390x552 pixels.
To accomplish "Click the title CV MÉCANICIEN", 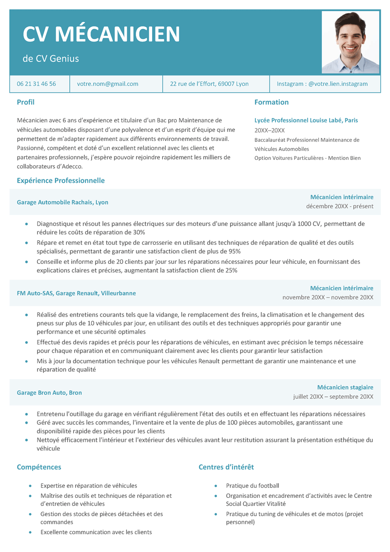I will pos(101,35).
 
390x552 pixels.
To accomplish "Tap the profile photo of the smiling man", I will pos(351,42).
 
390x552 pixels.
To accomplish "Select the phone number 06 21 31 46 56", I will pos(37,84).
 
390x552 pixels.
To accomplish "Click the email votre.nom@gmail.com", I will pos(108,84).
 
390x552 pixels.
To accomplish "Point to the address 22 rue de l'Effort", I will pos(209,84).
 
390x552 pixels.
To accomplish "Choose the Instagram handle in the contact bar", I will pos(322,84).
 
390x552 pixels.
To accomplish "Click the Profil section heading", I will pos(25,102).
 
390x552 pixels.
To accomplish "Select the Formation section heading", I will pos(272,102).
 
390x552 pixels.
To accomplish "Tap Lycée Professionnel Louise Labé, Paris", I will pos(306,120).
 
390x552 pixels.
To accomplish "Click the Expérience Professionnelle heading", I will pos(61,180).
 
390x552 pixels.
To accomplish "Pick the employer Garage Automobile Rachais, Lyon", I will pos(62,202).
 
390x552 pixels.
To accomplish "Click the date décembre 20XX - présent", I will pos(340,206).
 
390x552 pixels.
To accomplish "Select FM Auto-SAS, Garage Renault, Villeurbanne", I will pos(77,293).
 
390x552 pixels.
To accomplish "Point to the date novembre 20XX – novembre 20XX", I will pos(328,297).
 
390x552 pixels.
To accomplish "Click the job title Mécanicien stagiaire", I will pos(345,387).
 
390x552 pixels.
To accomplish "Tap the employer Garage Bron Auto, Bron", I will pos(49,393).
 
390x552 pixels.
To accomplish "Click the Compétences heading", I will pos(39,467).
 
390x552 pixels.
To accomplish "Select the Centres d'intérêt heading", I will pos(226,467).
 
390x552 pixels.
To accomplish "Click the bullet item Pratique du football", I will pos(253,486).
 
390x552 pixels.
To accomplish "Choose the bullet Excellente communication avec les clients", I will pos(96,532).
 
